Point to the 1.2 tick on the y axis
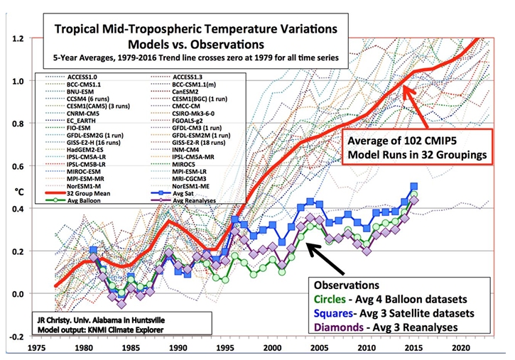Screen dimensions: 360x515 point(19,38)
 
